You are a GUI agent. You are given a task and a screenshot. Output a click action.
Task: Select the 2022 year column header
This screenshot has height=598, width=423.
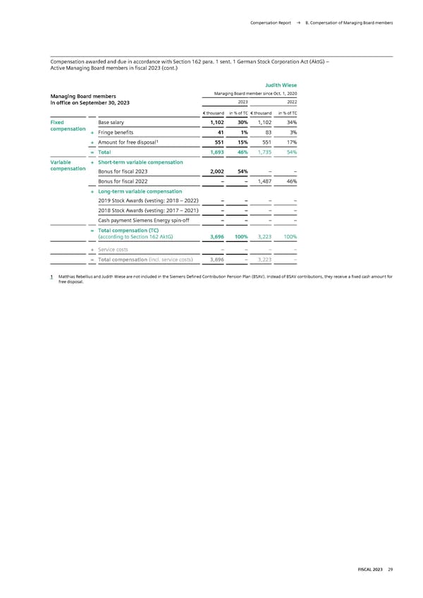coord(291,100)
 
